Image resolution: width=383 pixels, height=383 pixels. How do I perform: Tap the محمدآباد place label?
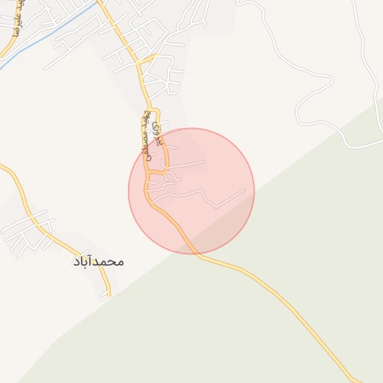click(x=98, y=262)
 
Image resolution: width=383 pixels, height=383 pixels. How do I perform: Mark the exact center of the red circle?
click(x=191, y=191)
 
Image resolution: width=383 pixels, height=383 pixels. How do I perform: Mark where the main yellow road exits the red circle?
click(x=196, y=254)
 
